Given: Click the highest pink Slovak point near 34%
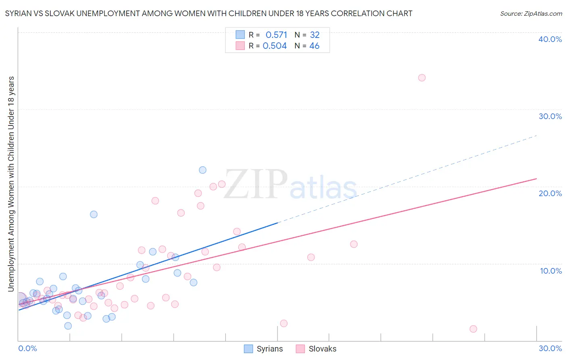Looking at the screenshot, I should pyautogui.click(x=422, y=77).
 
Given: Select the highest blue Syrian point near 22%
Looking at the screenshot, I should pyautogui.click(x=202, y=170).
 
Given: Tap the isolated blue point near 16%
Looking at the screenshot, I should pyautogui.click(x=94, y=214).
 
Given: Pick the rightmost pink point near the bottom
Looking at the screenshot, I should pyautogui.click(x=473, y=329).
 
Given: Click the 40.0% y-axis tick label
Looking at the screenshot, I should pyautogui.click(x=550, y=39).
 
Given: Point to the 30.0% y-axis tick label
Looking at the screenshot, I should pyautogui.click(x=550, y=116).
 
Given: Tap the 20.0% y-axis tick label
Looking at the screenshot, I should pyautogui.click(x=550, y=193).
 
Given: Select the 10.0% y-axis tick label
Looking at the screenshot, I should pyautogui.click(x=551, y=271).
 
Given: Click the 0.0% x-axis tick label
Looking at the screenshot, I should pyautogui.click(x=27, y=348).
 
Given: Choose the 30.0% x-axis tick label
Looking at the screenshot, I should pyautogui.click(x=550, y=348).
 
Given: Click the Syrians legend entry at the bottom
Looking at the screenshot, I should pyautogui.click(x=264, y=349).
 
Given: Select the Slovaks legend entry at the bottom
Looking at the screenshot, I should pyautogui.click(x=316, y=349).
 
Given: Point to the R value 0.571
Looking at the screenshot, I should pyautogui.click(x=276, y=35).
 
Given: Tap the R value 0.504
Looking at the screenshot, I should pyautogui.click(x=275, y=46).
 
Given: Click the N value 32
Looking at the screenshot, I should pyautogui.click(x=315, y=35).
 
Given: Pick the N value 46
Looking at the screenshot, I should pyautogui.click(x=314, y=46).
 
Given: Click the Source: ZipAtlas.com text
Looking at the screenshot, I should pyautogui.click(x=531, y=14).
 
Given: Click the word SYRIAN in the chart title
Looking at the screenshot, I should pyautogui.click(x=18, y=14).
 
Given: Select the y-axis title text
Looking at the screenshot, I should pyautogui.click(x=11, y=184).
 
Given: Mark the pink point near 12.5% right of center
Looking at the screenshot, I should pyautogui.click(x=354, y=244).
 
